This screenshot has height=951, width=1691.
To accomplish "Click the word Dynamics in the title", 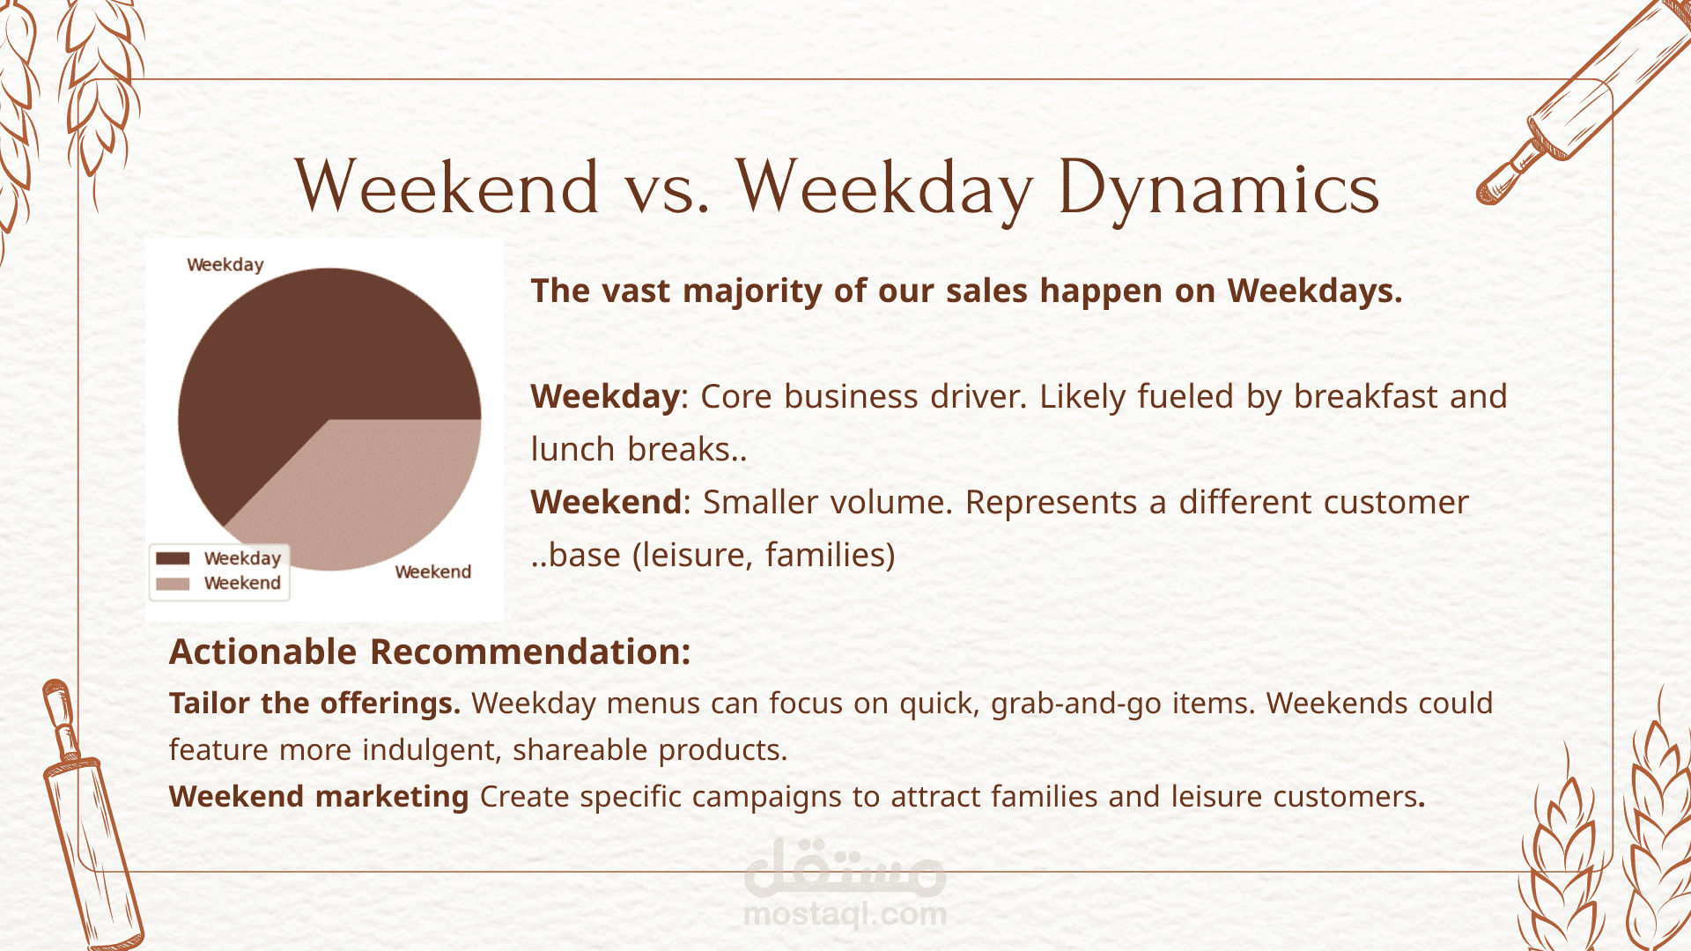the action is coord(1219,188).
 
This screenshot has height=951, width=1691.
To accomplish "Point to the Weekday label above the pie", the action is coord(225,265).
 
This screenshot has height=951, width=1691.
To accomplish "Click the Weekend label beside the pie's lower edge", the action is coord(433,571).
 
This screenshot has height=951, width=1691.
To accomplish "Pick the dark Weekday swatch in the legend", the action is coord(173,558).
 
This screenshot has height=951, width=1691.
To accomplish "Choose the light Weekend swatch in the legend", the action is coord(173,583).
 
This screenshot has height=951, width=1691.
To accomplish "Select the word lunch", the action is coord(572,449).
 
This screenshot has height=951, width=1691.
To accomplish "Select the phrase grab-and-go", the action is coord(1076,704).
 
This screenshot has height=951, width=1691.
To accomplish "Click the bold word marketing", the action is coord(392,797).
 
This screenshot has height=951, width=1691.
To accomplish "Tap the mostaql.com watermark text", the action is coord(845,914).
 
